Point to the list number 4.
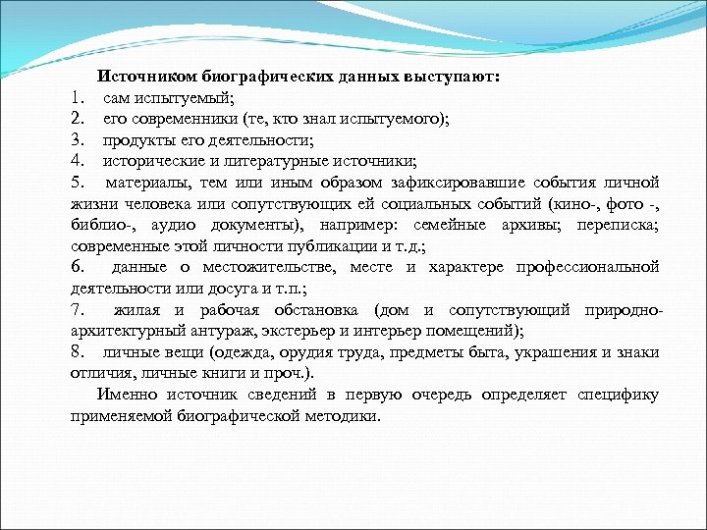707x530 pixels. [78, 161]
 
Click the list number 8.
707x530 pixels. [77, 351]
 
